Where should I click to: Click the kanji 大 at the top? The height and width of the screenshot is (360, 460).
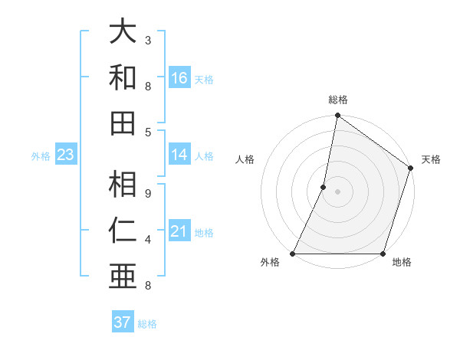123,32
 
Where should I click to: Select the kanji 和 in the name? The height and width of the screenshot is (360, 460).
123,77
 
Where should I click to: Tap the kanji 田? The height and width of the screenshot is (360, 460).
123,123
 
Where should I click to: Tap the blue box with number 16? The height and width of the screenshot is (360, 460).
179,78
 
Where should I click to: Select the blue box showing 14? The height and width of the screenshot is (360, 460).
179,155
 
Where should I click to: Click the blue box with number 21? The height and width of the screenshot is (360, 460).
179,231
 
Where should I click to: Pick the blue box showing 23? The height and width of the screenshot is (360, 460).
65,155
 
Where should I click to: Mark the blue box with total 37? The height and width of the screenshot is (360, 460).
123,322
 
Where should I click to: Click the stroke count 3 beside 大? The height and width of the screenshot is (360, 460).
148,40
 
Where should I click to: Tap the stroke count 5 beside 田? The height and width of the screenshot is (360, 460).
148,132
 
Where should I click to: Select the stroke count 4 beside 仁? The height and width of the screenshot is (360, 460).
148,240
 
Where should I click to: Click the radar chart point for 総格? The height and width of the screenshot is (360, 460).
337,116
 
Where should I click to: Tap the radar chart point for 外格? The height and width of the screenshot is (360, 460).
293,254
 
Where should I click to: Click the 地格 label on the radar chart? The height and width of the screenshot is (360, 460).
402,263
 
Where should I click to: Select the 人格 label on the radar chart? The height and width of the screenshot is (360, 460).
245,160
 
